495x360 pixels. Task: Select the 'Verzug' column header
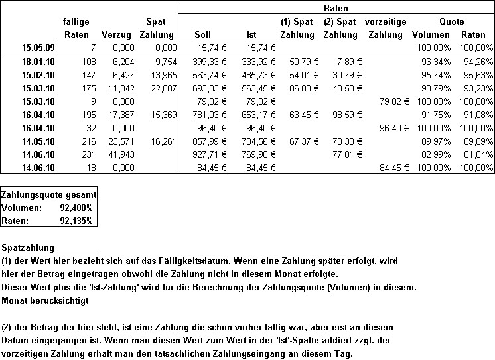pyautogui.click(x=116, y=34)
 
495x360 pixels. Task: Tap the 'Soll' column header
pyautogui.click(x=204, y=34)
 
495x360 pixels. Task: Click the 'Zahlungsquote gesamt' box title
pyautogui.click(x=49, y=194)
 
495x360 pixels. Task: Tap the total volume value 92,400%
pyautogui.click(x=78, y=208)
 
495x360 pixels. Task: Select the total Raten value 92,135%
pyautogui.click(x=78, y=221)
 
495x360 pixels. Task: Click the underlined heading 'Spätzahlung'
pyautogui.click(x=25, y=247)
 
